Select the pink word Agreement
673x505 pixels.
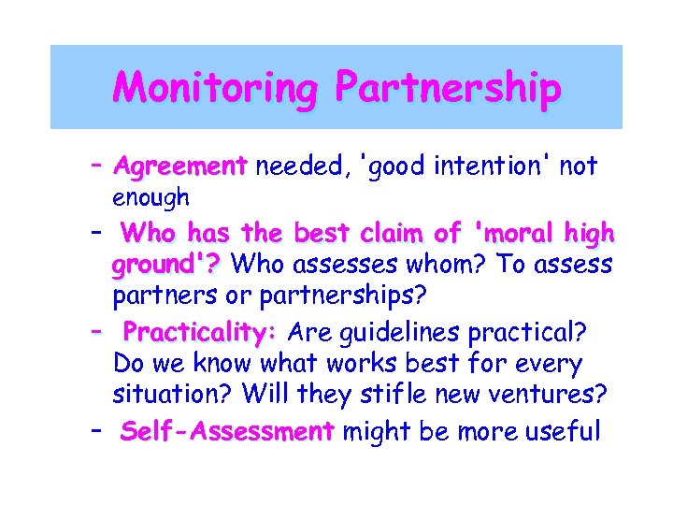point(179,167)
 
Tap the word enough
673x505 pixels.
point(150,198)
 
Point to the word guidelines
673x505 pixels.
point(405,332)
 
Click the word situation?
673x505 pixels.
point(172,396)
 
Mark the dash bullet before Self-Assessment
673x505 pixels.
point(97,430)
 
